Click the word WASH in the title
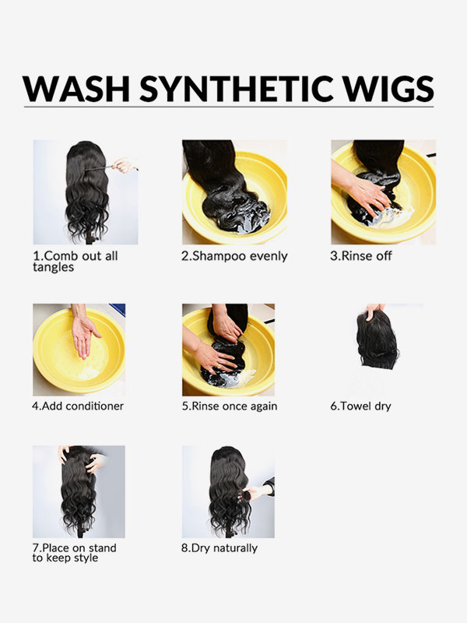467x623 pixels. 75,88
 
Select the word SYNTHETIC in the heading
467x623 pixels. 237,88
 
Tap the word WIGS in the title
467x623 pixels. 388,88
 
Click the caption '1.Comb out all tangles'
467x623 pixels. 75,261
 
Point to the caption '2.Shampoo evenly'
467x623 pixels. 234,256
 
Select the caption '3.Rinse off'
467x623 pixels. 361,255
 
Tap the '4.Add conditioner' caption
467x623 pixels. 78,406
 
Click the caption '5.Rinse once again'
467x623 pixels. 230,406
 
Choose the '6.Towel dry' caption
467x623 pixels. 360,406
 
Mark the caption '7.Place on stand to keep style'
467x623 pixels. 74,553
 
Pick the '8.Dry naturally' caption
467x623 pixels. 219,548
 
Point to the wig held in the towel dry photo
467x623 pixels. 377,342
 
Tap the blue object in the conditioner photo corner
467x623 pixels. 118,309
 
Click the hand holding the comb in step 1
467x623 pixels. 123,165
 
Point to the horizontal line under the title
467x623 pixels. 228,107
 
